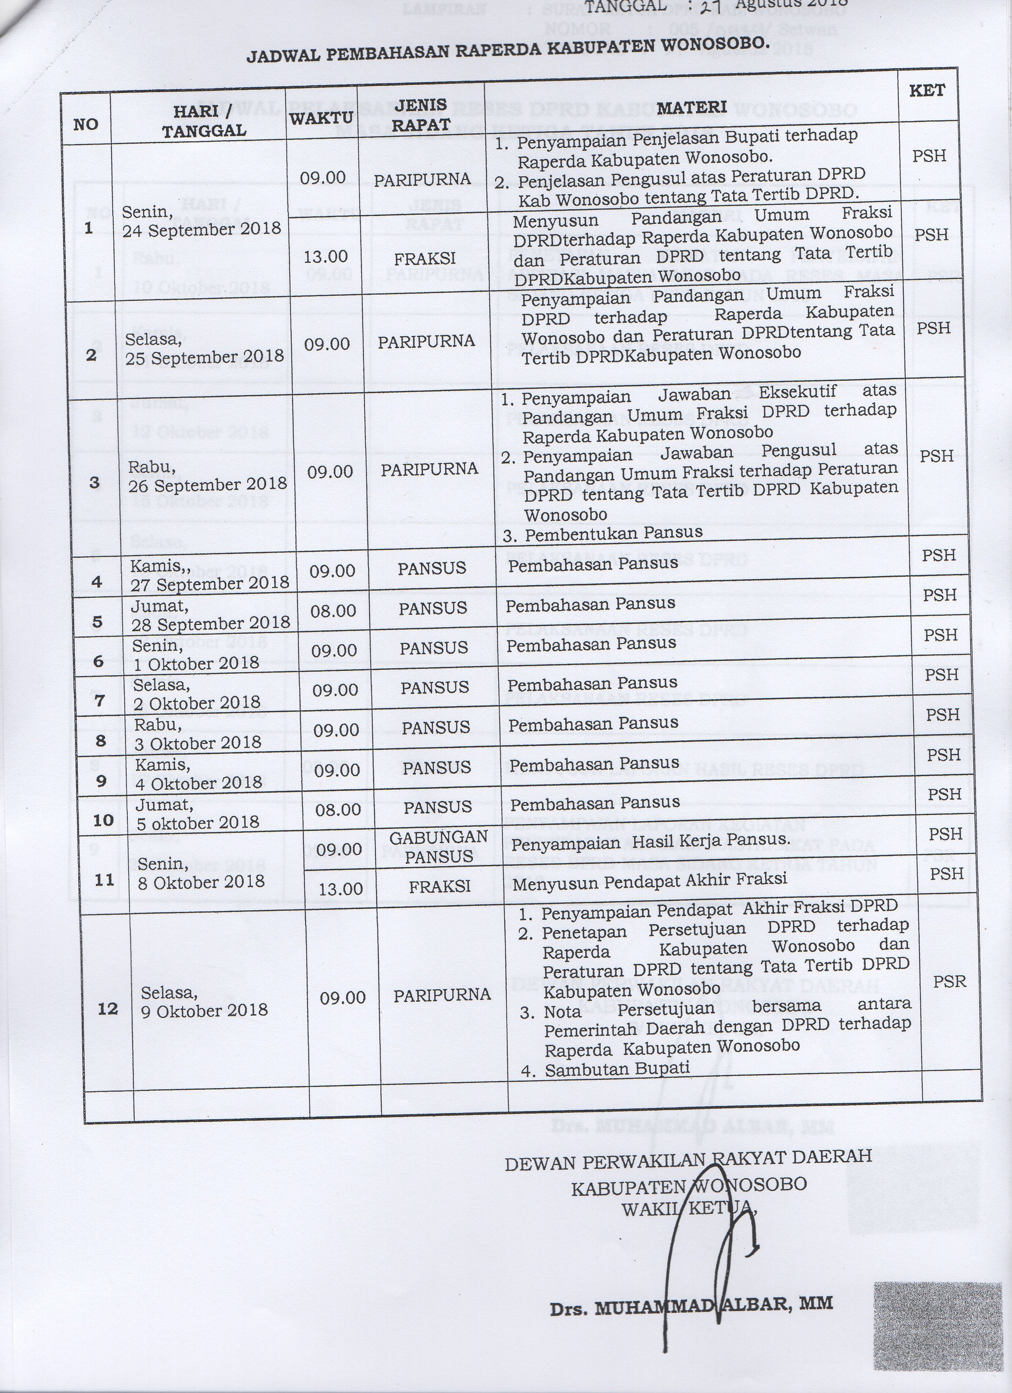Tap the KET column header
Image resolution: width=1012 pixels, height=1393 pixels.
(x=927, y=90)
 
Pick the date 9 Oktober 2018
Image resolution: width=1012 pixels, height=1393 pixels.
(x=204, y=1010)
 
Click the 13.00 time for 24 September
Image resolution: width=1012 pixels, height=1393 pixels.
(x=325, y=257)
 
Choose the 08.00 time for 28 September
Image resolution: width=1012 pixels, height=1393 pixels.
(x=333, y=611)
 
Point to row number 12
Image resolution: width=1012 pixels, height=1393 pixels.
(x=108, y=1008)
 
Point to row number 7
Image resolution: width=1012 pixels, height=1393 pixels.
(x=100, y=700)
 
